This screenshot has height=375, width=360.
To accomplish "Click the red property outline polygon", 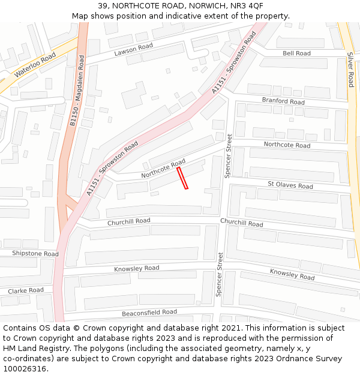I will pyautogui.click(x=182, y=178).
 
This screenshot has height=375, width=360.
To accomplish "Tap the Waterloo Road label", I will pyautogui.click(x=35, y=64).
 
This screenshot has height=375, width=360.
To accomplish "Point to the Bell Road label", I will pyautogui.click(x=296, y=53).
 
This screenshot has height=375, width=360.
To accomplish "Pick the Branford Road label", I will pyautogui.click(x=283, y=101).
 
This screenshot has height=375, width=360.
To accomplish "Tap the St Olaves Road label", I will pyautogui.click(x=290, y=185).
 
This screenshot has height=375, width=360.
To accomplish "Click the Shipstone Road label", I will pyautogui.click(x=35, y=254).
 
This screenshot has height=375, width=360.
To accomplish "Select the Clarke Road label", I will pyautogui.click(x=26, y=290).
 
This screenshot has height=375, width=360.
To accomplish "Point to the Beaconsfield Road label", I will pyautogui.click(x=149, y=312).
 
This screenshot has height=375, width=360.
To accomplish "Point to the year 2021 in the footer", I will pyautogui.click(x=230, y=328).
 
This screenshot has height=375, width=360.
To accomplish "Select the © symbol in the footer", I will pyautogui.click(x=77, y=328).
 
